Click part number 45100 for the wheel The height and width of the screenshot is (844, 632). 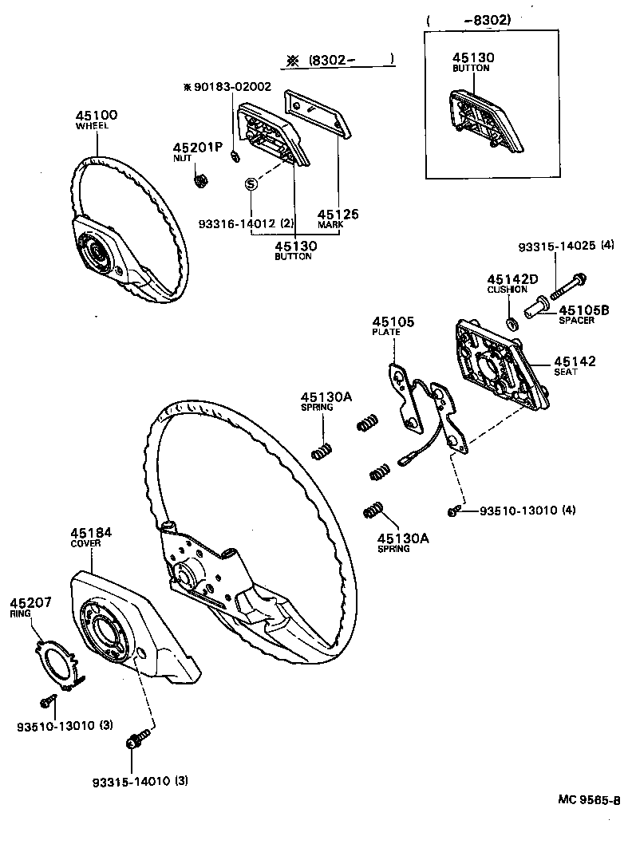97,115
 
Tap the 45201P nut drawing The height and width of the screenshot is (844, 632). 201,179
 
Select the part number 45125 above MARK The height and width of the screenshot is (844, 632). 338,214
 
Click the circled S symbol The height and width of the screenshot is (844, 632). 250,184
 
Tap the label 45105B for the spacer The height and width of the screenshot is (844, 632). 584,310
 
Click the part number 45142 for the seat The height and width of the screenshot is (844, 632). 575,361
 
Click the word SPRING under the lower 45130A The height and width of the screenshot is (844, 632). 393,549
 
